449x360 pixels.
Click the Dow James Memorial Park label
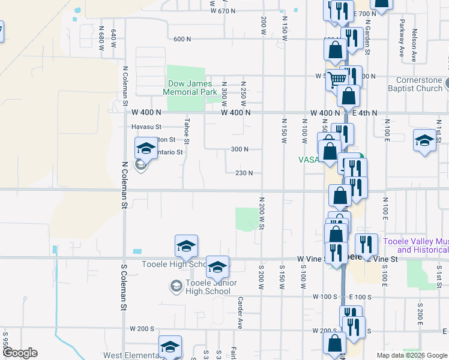click(x=191, y=87)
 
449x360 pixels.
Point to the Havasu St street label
click(x=147, y=127)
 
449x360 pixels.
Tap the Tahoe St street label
click(x=187, y=131)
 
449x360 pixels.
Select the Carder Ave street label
click(x=239, y=313)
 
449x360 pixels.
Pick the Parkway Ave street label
click(x=402, y=39)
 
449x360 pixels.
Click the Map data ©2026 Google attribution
click(x=411, y=355)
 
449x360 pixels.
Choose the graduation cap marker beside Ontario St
click(x=145, y=148)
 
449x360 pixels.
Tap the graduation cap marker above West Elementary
click(x=170, y=346)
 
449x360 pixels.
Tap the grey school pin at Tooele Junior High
click(x=176, y=284)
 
